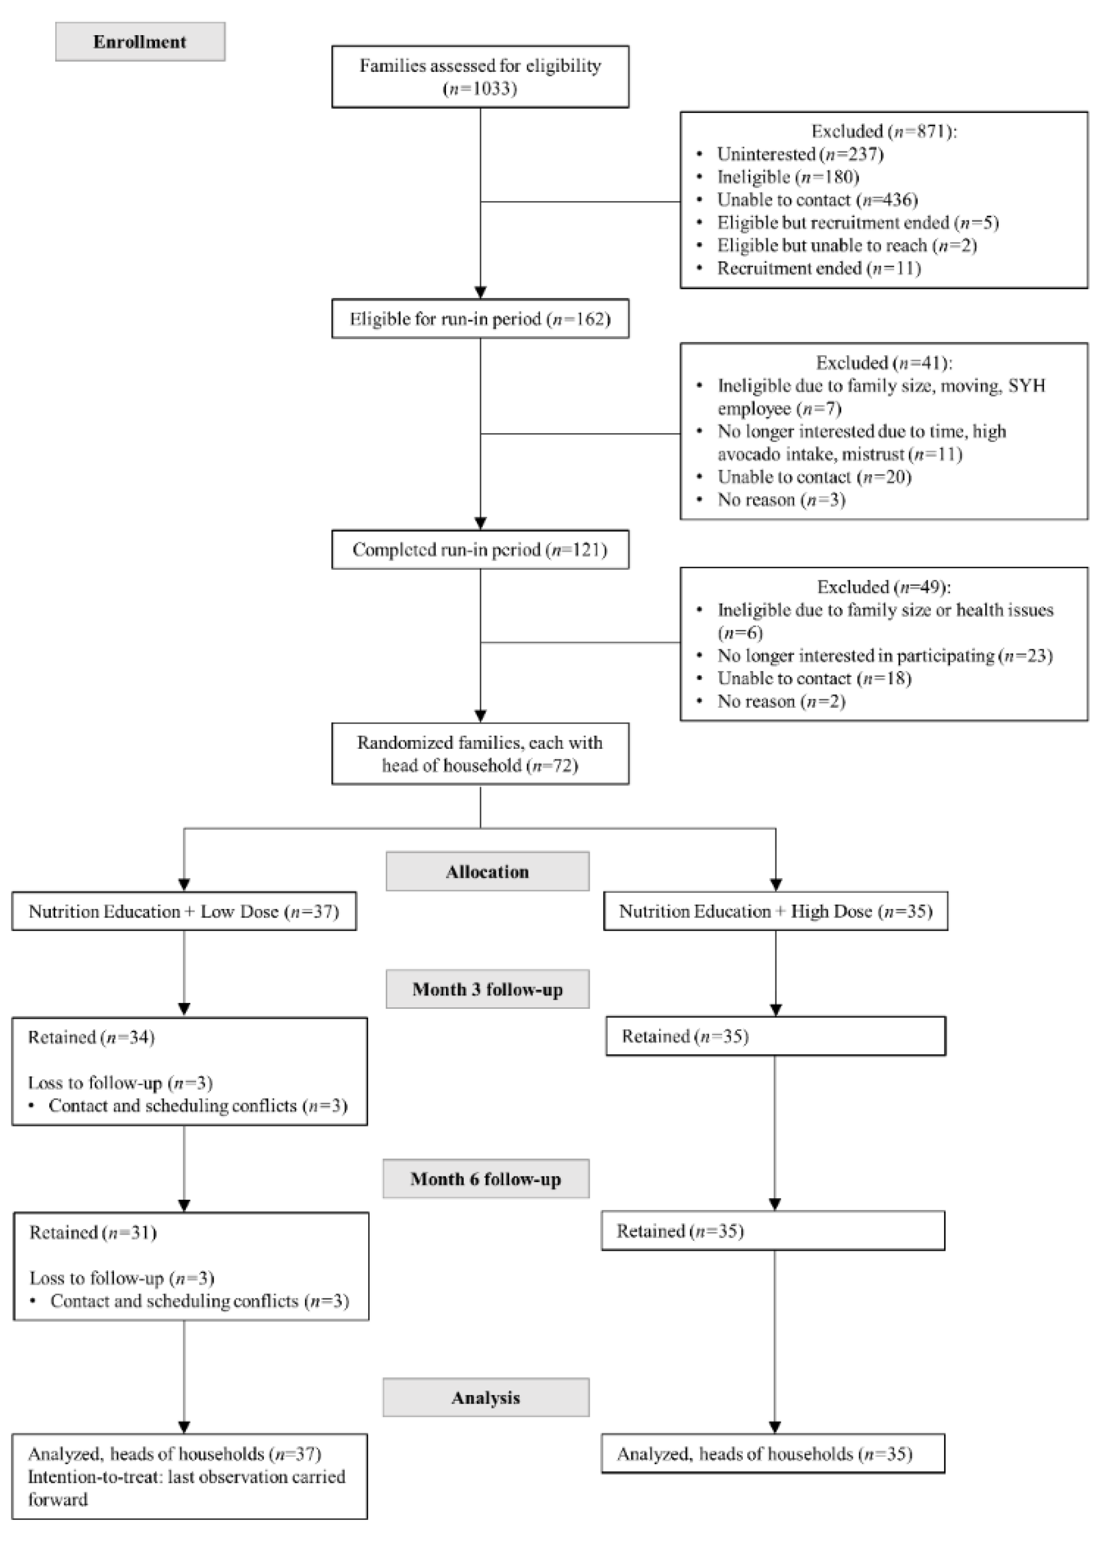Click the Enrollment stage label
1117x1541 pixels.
coord(140,42)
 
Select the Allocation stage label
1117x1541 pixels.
coord(487,872)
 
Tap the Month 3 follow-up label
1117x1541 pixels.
coord(487,989)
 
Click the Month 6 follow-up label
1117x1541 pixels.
coord(486,1179)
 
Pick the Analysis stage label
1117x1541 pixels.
coord(486,1398)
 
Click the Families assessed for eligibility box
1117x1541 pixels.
coord(480,77)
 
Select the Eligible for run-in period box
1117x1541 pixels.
coord(480,318)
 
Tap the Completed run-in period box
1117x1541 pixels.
coord(480,550)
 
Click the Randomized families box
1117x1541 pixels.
coord(480,754)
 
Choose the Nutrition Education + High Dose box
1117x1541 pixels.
coord(775,911)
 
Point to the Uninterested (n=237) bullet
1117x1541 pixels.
coord(800,154)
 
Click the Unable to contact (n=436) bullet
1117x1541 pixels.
coord(817,200)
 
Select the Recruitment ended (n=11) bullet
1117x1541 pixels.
coord(818,268)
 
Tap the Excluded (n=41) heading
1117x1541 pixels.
coord(883,363)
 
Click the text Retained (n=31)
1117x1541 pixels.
coord(93,1232)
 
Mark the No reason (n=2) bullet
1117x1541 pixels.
coord(781,701)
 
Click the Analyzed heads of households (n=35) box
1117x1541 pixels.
coord(773,1454)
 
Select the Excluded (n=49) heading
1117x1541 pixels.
coord(883,587)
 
